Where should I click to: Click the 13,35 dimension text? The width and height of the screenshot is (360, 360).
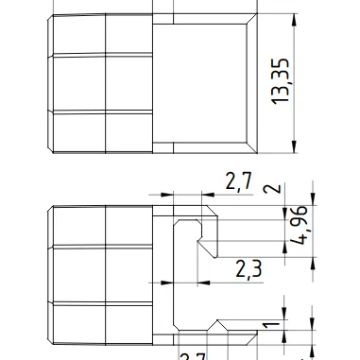(x=281, y=82)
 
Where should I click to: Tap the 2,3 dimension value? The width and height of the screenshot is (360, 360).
(x=248, y=269)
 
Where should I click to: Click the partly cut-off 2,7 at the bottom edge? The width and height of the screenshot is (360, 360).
(x=193, y=355)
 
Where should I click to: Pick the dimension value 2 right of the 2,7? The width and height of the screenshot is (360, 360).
(x=273, y=187)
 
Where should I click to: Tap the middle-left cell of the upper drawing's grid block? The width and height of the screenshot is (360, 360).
(x=77, y=83)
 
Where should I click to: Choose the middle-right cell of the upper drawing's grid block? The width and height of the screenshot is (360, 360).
(x=129, y=83)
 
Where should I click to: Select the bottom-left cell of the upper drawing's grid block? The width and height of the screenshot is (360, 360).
(x=77, y=130)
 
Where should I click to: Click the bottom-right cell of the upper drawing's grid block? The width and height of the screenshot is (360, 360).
(x=129, y=130)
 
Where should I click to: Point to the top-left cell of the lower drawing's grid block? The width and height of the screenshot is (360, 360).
(x=77, y=226)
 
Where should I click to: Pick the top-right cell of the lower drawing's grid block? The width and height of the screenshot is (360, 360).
(x=129, y=226)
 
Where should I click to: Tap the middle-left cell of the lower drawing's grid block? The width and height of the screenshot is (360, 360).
(x=77, y=274)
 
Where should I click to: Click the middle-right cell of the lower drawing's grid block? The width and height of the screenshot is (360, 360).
(x=129, y=274)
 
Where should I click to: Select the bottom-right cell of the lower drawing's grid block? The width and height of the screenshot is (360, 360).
(x=129, y=321)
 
